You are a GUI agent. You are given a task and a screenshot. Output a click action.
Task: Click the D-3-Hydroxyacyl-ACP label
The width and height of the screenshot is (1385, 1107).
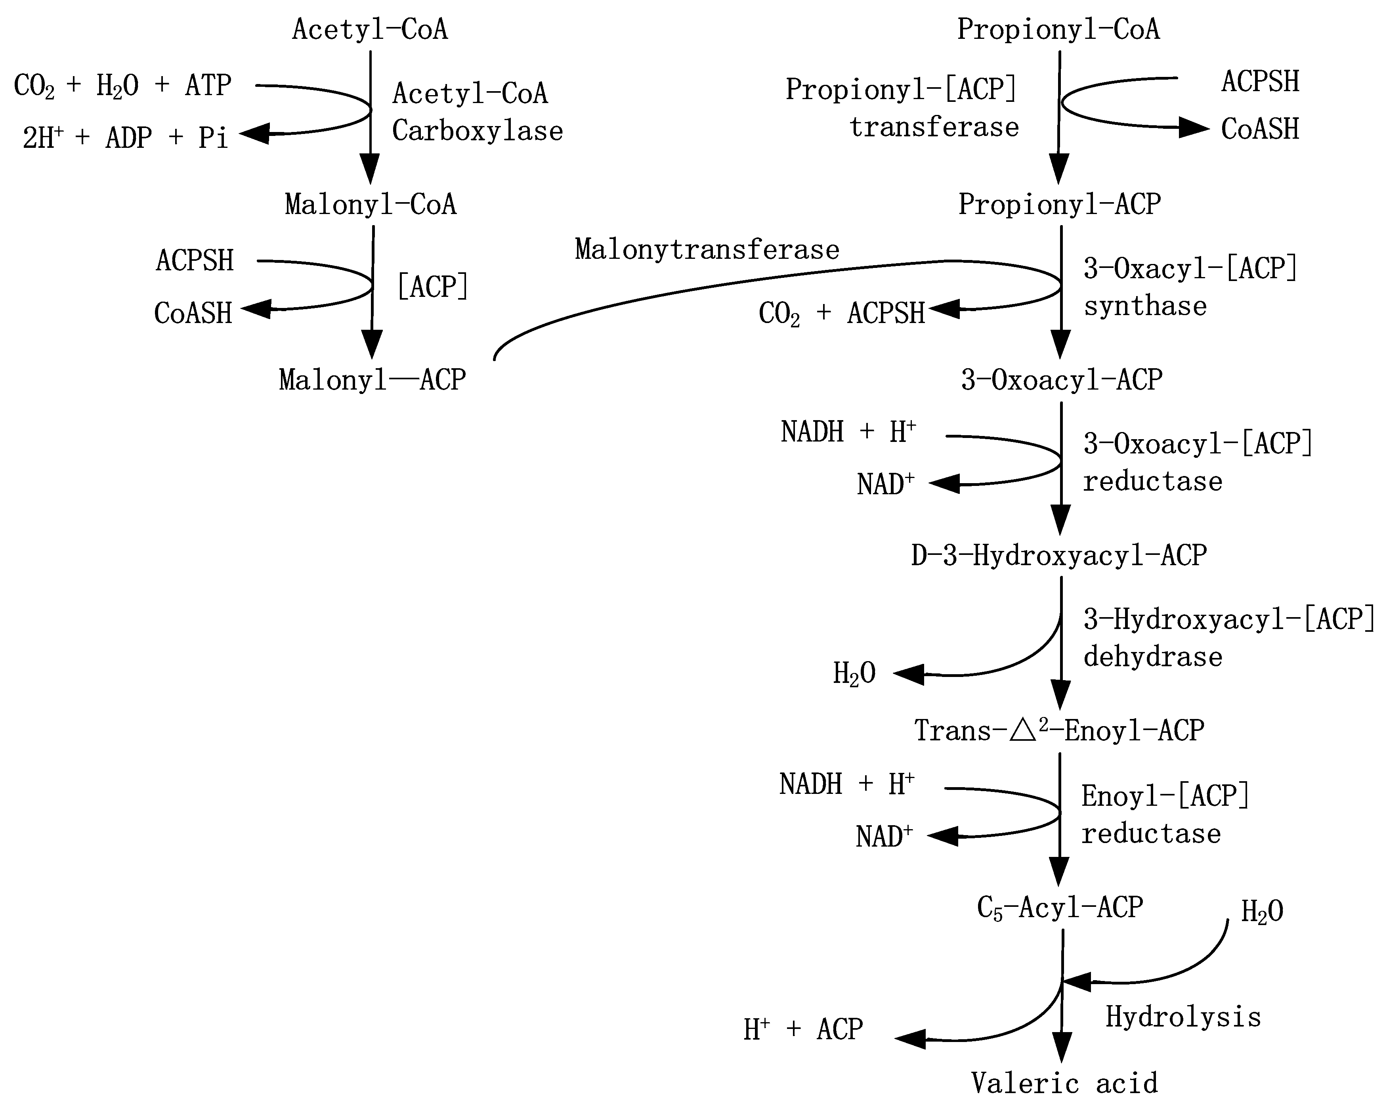point(1059,556)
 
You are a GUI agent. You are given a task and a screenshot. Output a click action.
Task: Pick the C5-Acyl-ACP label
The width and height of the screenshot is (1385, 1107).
point(1060,908)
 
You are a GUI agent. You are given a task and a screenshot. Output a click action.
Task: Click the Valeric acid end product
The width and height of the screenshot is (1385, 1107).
point(1064,1083)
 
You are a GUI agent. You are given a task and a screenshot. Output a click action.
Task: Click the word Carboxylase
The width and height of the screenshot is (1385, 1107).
point(477,131)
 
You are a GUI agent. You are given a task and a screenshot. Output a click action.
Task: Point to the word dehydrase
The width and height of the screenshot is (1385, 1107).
point(1152,657)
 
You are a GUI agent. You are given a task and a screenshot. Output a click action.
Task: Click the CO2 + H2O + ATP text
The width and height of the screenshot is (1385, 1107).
point(122,86)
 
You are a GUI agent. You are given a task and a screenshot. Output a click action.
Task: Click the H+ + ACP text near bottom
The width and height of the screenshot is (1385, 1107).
point(803,1030)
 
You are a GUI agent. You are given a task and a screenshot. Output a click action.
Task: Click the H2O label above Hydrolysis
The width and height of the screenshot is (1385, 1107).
point(1262,912)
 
